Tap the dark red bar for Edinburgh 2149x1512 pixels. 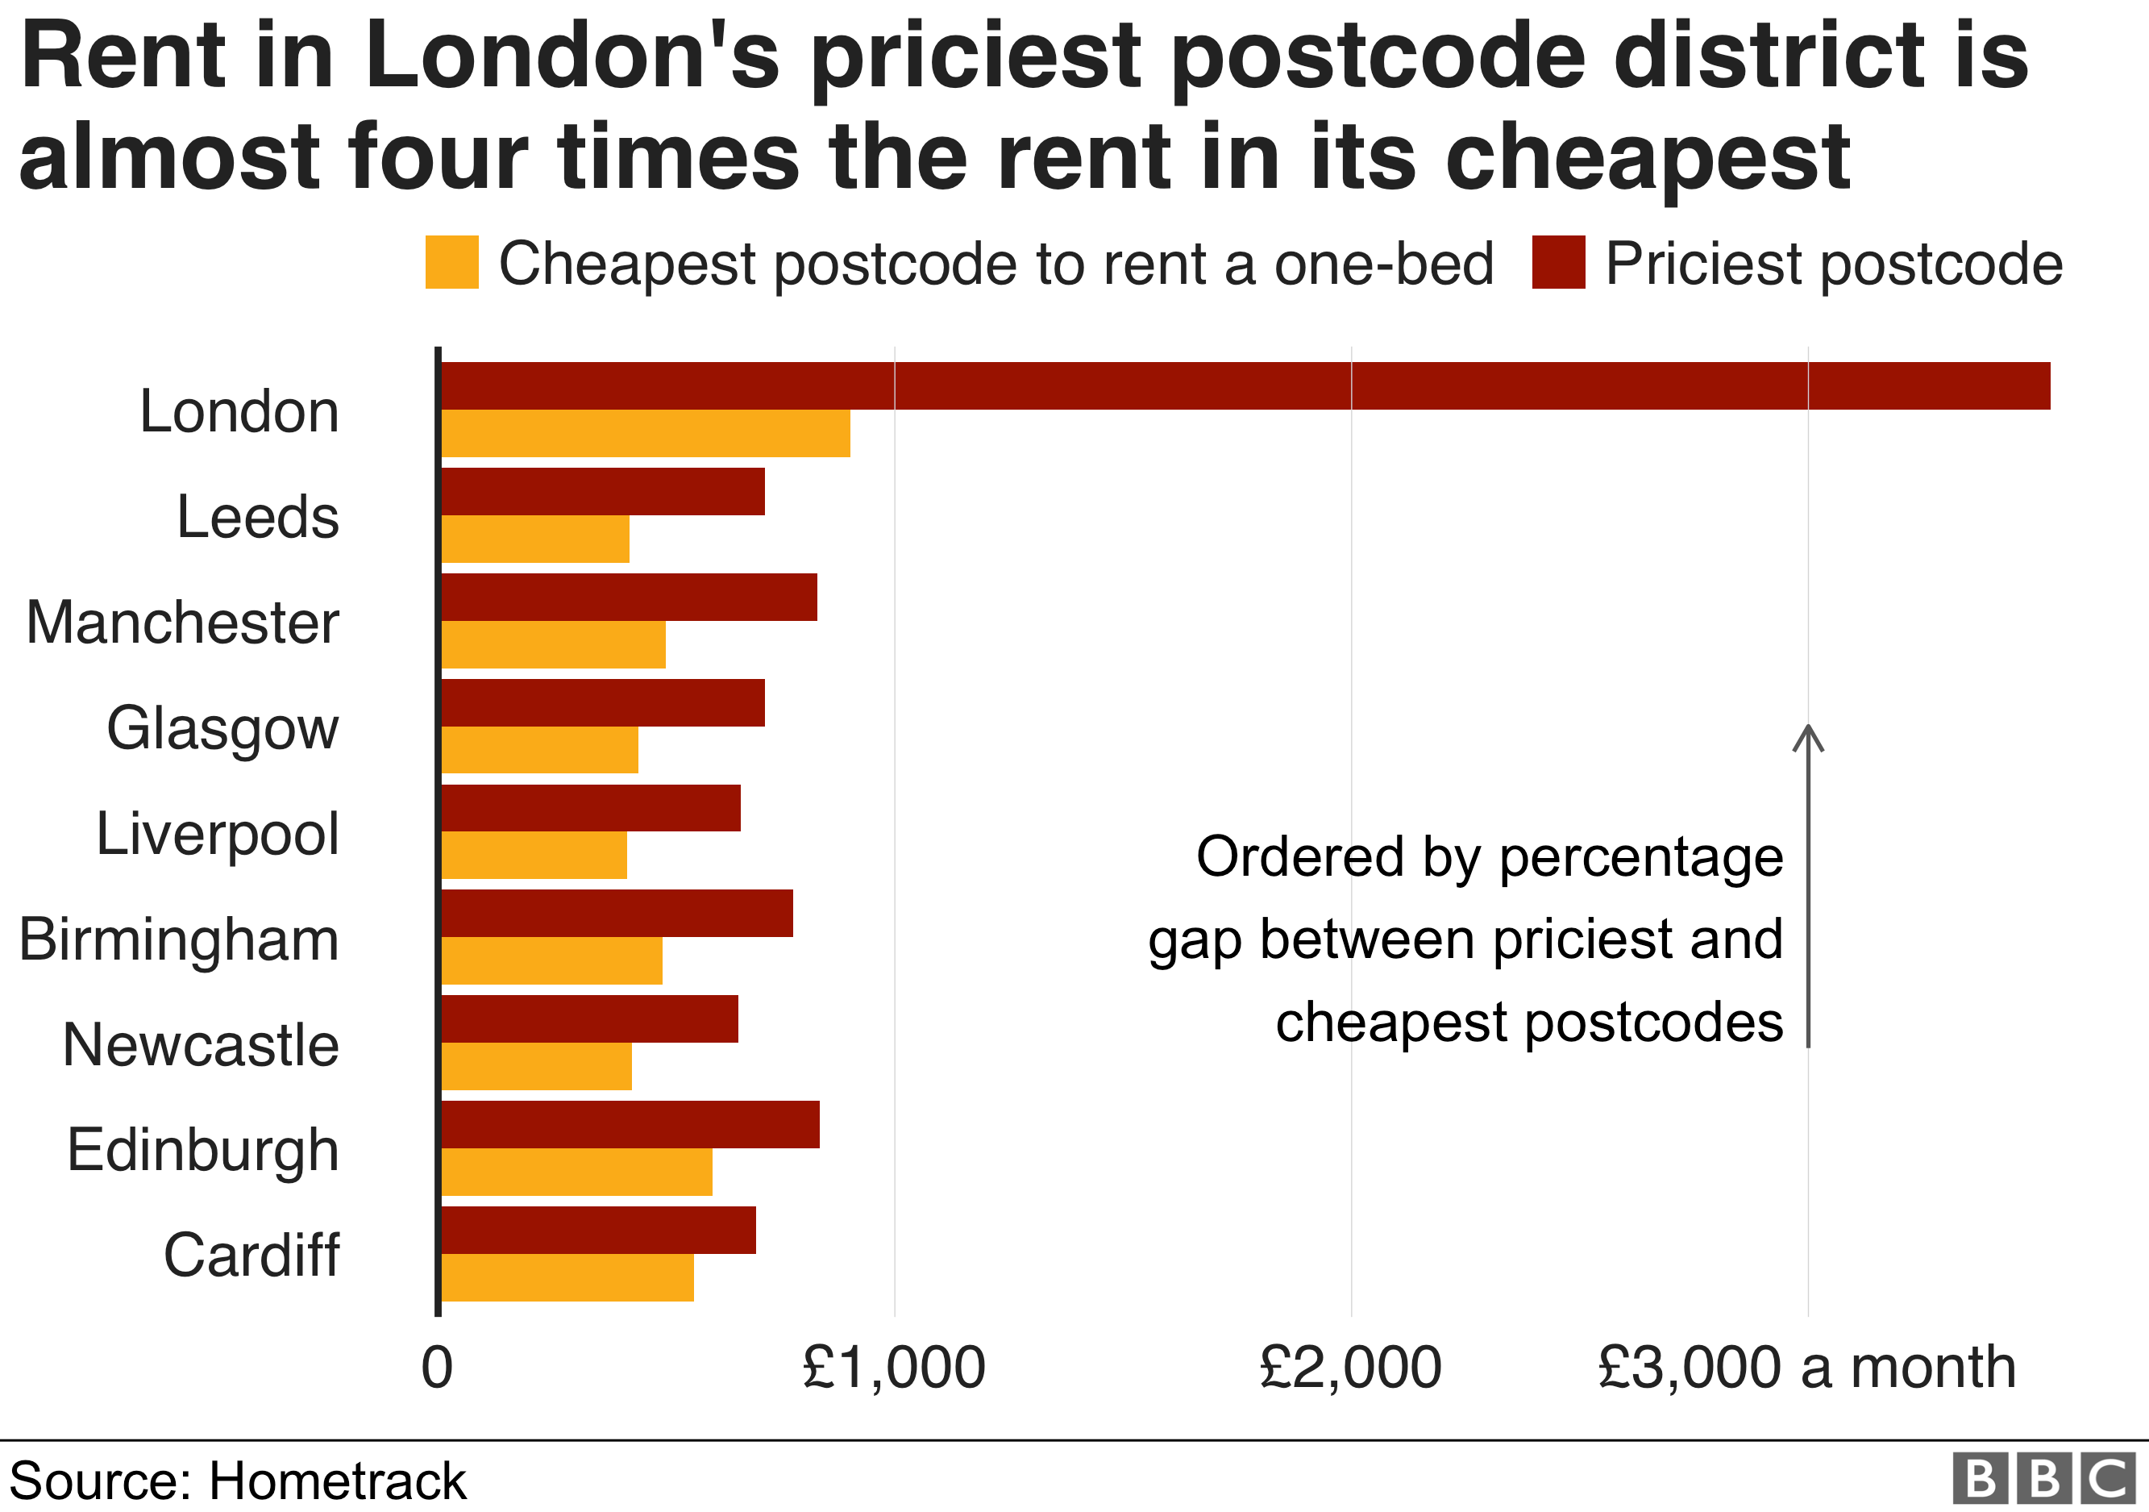coord(630,1124)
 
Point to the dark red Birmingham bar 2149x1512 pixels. coord(617,914)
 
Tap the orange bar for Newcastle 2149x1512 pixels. coord(536,1066)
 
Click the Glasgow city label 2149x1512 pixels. coord(222,729)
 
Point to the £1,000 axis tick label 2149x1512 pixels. coord(894,1368)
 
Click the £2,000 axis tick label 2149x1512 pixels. coord(1351,1368)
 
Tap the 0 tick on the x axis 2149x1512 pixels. coord(437,1368)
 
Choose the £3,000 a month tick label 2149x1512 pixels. coord(1806,1368)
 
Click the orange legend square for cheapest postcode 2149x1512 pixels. coord(452,262)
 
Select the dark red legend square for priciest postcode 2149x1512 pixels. coord(1558,262)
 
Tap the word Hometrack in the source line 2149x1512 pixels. coord(337,1482)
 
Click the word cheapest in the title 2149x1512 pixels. coord(1648,157)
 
